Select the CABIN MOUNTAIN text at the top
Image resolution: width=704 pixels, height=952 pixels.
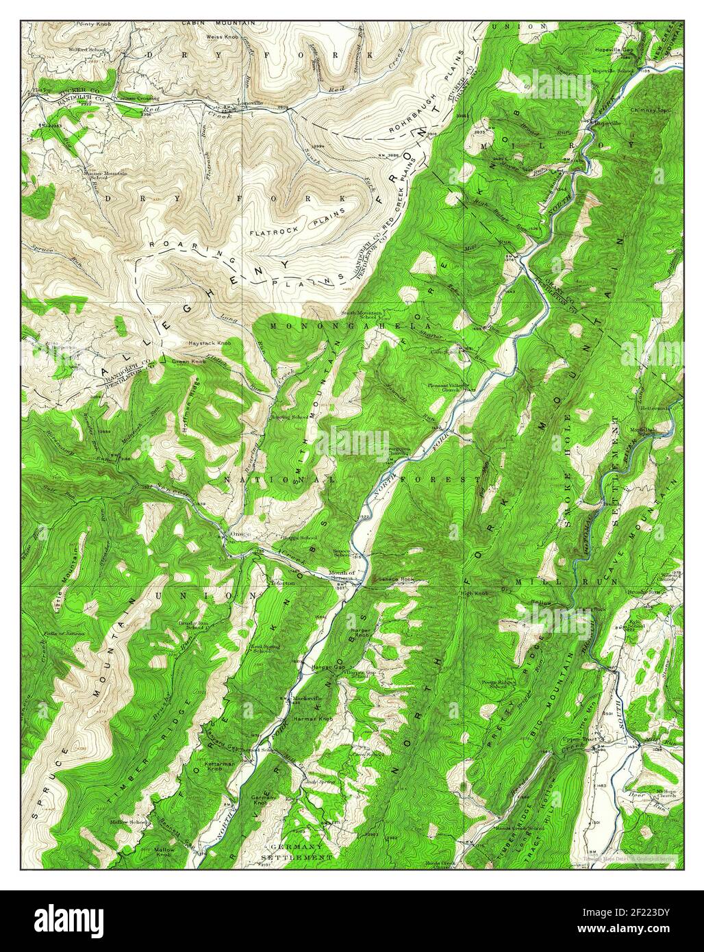pyautogui.click(x=218, y=23)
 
